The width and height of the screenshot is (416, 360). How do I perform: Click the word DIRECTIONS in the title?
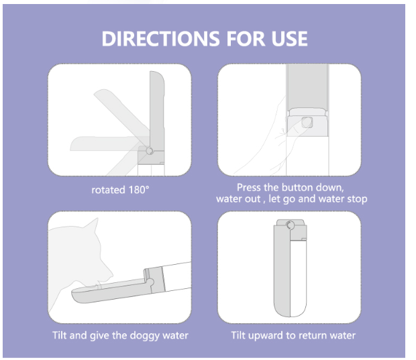(x=160, y=39)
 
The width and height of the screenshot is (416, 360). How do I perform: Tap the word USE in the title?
(x=289, y=39)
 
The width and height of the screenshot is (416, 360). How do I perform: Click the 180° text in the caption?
(x=139, y=190)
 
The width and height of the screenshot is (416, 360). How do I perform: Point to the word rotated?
(x=108, y=190)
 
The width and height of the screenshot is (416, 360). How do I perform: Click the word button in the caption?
(x=298, y=188)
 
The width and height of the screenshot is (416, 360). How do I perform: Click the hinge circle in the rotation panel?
(x=150, y=151)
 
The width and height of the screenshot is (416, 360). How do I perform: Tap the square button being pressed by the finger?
(x=307, y=123)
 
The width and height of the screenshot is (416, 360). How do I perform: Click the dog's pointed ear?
(x=93, y=226)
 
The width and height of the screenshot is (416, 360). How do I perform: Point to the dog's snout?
(x=107, y=276)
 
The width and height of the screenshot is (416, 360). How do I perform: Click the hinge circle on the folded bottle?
(x=291, y=225)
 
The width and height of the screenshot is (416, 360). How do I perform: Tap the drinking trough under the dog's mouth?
(x=111, y=292)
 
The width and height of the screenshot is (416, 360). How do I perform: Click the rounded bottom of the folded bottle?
(x=291, y=310)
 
